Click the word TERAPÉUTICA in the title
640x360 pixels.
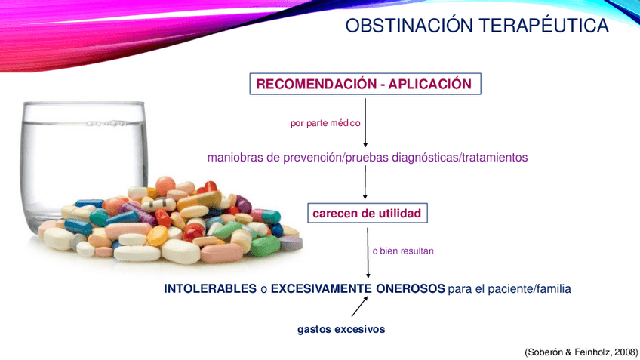click(x=544, y=26)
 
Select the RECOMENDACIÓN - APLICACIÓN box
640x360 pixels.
click(x=365, y=84)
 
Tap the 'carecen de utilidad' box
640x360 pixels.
click(x=368, y=213)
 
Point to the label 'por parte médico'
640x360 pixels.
click(x=325, y=123)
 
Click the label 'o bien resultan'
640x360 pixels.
click(x=403, y=251)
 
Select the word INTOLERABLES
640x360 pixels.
click(x=211, y=288)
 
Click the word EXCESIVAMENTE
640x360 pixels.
click(x=322, y=288)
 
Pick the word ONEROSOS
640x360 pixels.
click(x=411, y=288)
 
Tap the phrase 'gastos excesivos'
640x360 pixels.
click(x=341, y=329)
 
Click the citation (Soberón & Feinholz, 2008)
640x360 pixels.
click(x=581, y=352)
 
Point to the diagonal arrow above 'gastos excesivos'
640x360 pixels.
click(x=359, y=306)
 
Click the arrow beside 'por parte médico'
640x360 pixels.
click(x=365, y=122)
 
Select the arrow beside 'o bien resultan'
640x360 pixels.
click(x=368, y=253)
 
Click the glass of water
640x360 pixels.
click(x=83, y=163)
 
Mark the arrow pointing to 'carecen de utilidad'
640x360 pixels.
click(x=365, y=183)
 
